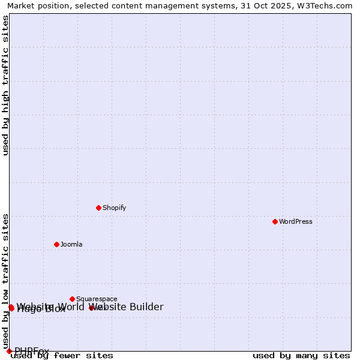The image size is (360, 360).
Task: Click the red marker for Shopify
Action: (98, 208)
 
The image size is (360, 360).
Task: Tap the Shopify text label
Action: (114, 208)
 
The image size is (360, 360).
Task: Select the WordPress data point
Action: (275, 221)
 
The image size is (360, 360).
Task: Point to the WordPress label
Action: (295, 221)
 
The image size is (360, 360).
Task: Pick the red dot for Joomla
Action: (56, 244)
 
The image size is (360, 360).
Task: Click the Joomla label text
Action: (71, 244)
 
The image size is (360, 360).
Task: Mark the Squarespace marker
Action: (72, 299)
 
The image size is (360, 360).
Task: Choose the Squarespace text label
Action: (97, 299)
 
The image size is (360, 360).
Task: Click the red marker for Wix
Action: (91, 308)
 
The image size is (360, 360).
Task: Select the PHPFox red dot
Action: (9, 351)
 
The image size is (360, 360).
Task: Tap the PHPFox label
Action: (32, 351)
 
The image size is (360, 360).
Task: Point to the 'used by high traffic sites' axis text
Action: (6, 85)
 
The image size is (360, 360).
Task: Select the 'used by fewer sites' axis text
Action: (62, 356)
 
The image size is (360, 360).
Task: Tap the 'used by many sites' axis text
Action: (301, 356)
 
